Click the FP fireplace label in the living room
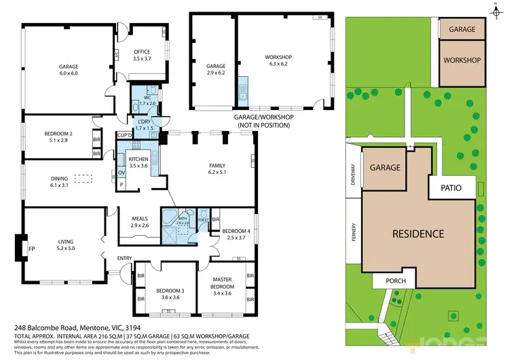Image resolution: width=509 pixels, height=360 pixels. pos(31,249)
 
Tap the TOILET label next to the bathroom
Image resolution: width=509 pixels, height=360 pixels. pos(203,219)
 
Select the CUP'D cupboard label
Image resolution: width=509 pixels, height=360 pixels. pos(124,135)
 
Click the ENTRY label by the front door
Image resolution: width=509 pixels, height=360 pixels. pos(124,257)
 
